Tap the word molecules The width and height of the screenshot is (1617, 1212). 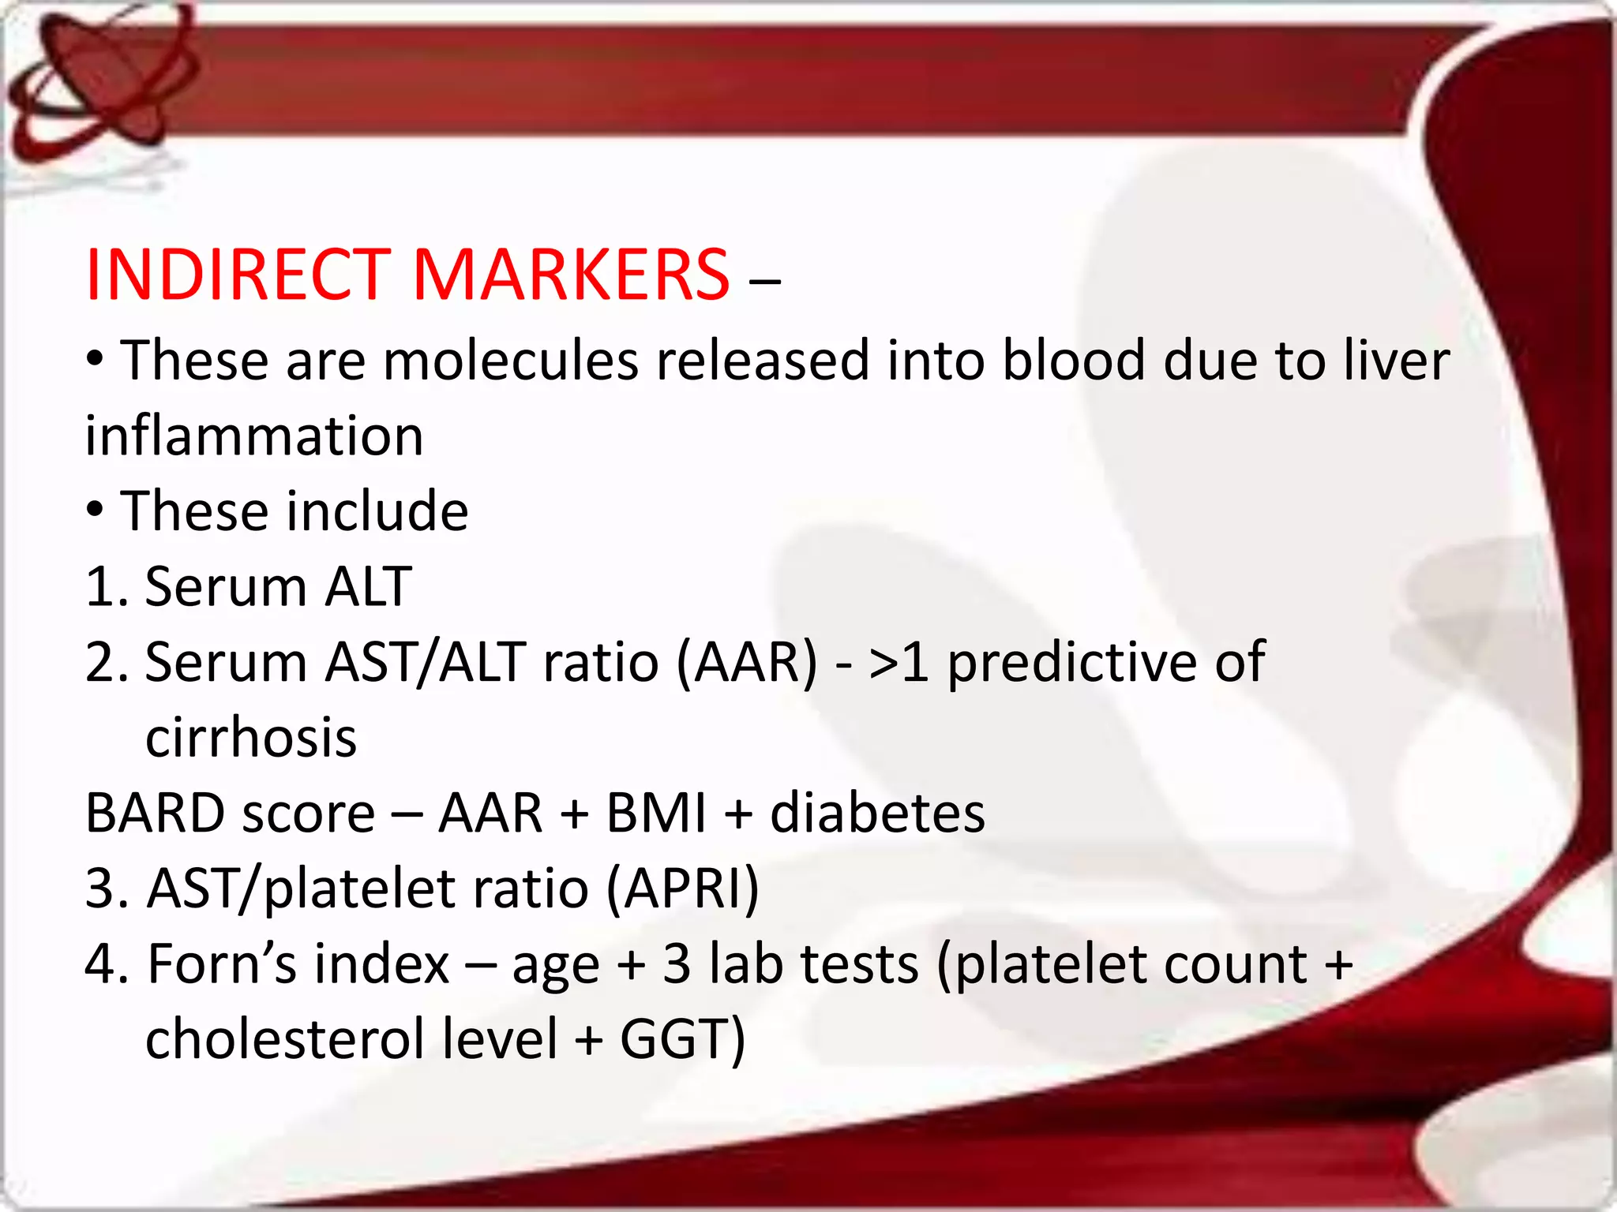click(511, 361)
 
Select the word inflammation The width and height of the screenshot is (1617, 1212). click(254, 436)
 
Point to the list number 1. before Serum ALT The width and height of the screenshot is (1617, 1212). click(107, 587)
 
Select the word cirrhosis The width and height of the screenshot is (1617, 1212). click(251, 738)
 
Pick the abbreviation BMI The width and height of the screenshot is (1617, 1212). click(656, 813)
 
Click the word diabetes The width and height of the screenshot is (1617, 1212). click(877, 813)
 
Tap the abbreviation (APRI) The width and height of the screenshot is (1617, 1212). click(683, 888)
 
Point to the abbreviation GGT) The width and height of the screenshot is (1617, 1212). click(682, 1038)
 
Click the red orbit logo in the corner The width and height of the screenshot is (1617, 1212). click(103, 79)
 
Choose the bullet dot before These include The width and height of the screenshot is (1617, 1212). click(95, 510)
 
